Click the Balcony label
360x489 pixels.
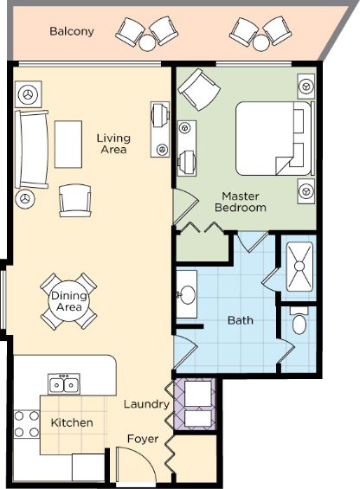coord(72,31)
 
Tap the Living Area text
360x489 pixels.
coord(113,144)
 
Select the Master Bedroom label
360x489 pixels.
coord(241,202)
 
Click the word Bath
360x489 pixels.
coord(241,320)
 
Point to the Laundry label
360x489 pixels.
coord(146,404)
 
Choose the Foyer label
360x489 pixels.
coord(143,439)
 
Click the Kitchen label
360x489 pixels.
coord(72,422)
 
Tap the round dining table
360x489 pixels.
coord(68,301)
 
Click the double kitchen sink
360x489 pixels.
coord(64,384)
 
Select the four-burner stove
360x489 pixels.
coord(27,424)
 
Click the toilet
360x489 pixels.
coord(299,321)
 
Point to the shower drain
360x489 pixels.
coord(299,267)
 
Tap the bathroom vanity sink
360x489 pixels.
coord(187,294)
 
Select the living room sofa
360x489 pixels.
coord(32,150)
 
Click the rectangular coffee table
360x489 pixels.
coord(68,145)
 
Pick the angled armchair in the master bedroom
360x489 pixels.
coord(199,90)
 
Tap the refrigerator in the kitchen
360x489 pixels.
coord(88,467)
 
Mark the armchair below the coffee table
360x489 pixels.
coord(75,200)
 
